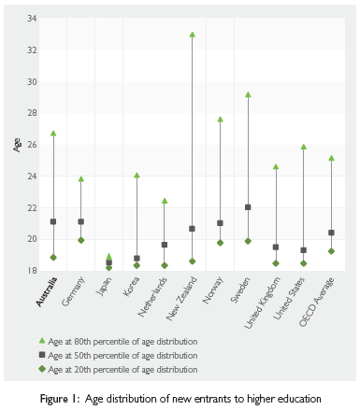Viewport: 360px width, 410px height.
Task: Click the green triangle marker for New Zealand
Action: click(x=192, y=35)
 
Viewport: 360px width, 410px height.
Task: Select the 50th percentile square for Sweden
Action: click(x=247, y=207)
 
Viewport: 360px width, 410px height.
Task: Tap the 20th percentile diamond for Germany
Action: click(x=80, y=240)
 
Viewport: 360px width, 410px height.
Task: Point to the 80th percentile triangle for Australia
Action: click(x=53, y=134)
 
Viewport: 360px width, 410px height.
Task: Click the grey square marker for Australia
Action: click(x=53, y=221)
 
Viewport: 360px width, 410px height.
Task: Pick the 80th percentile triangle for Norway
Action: click(x=220, y=120)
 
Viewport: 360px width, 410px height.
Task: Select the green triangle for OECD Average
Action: click(x=331, y=158)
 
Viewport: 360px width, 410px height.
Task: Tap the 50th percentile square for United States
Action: click(x=303, y=250)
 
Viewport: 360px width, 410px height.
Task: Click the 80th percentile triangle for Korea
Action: click(x=137, y=176)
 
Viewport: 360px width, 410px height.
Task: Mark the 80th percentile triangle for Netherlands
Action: click(x=164, y=201)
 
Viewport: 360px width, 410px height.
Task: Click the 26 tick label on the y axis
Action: click(x=32, y=145)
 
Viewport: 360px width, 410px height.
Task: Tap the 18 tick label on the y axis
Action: click(x=32, y=271)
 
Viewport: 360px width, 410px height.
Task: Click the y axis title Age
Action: click(x=16, y=145)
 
